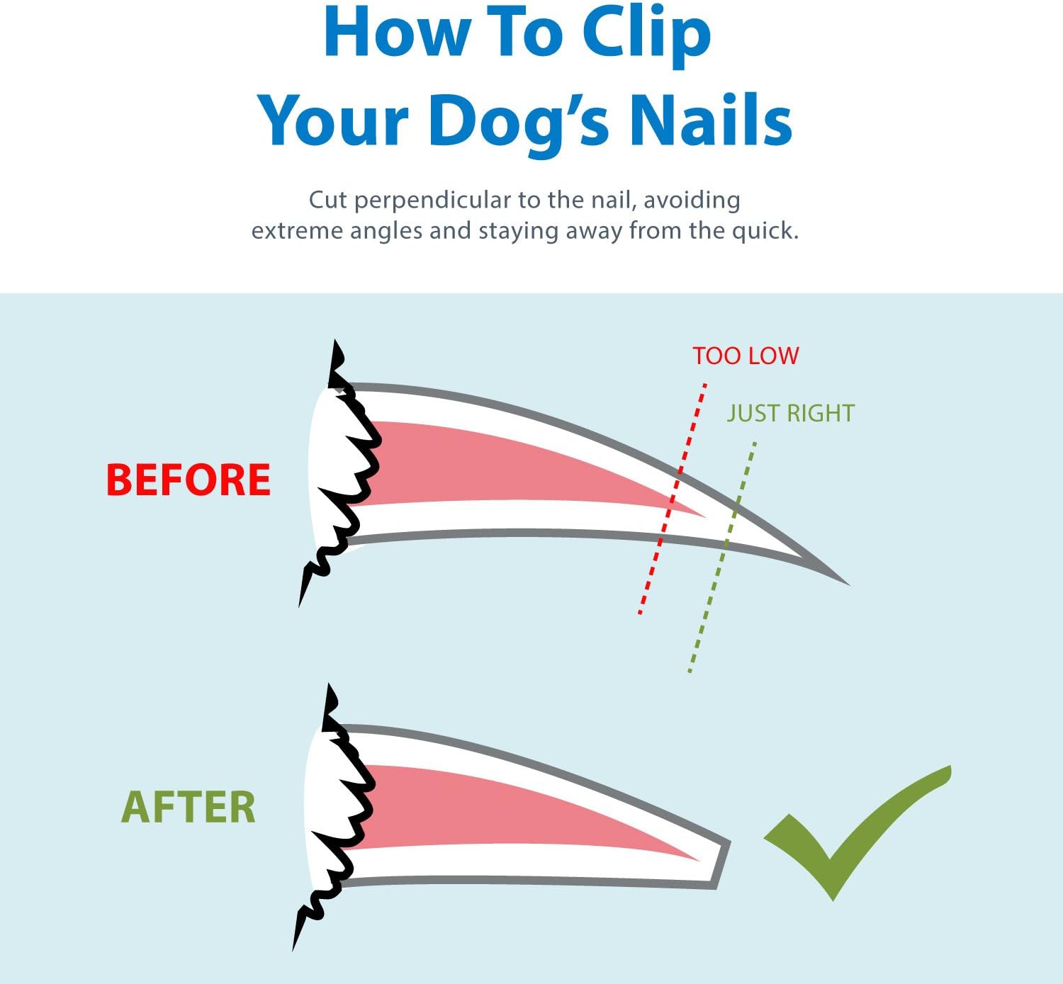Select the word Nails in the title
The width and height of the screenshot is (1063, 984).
(711, 119)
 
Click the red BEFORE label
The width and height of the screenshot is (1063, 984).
(189, 480)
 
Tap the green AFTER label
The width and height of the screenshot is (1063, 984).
(189, 808)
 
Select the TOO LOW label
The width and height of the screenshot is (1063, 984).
(746, 356)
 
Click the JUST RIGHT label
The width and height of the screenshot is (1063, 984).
(791, 413)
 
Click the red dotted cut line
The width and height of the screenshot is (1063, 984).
(673, 499)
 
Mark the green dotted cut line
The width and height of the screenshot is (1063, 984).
(721, 557)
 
